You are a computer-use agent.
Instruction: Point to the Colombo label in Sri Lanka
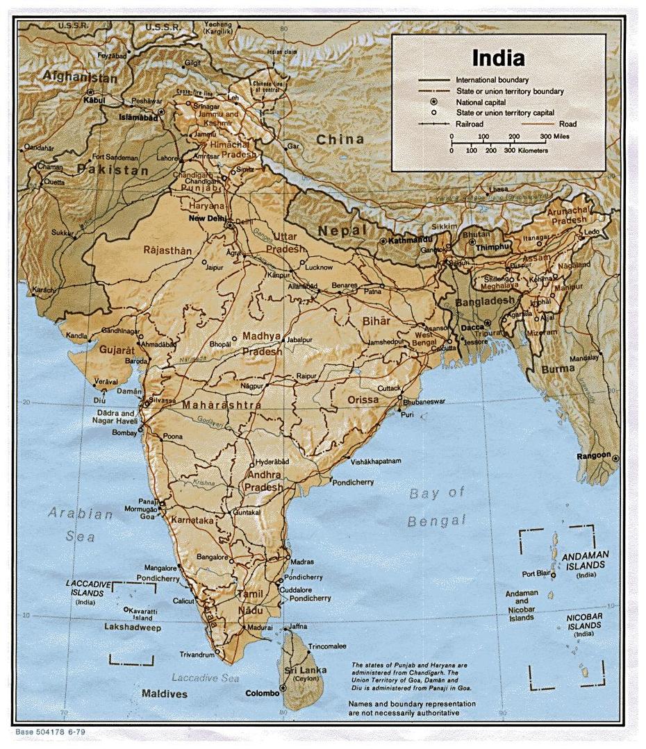pyautogui.click(x=261, y=693)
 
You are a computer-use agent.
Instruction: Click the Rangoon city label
pyautogui.click(x=593, y=456)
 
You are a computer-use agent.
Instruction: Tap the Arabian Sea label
pyautogui.click(x=80, y=525)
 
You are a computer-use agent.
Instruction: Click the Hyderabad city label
pyautogui.click(x=272, y=461)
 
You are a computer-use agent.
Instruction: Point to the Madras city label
pyautogui.click(x=302, y=562)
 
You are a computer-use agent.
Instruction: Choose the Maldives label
pyautogui.click(x=165, y=693)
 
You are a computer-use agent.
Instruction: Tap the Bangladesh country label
pyautogui.click(x=486, y=301)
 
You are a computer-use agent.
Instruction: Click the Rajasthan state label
pyautogui.click(x=167, y=250)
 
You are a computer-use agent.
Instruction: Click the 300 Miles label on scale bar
pyautogui.click(x=555, y=136)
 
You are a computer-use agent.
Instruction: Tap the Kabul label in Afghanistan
pyautogui.click(x=94, y=100)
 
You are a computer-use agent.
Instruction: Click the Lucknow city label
pyautogui.click(x=319, y=267)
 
